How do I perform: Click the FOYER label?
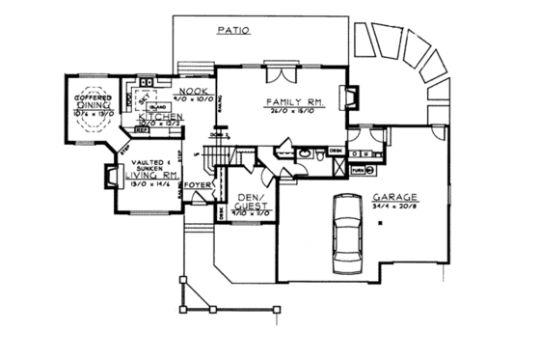(x=198, y=182)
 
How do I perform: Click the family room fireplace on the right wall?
(x=353, y=98)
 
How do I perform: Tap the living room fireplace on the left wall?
(x=108, y=176)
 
